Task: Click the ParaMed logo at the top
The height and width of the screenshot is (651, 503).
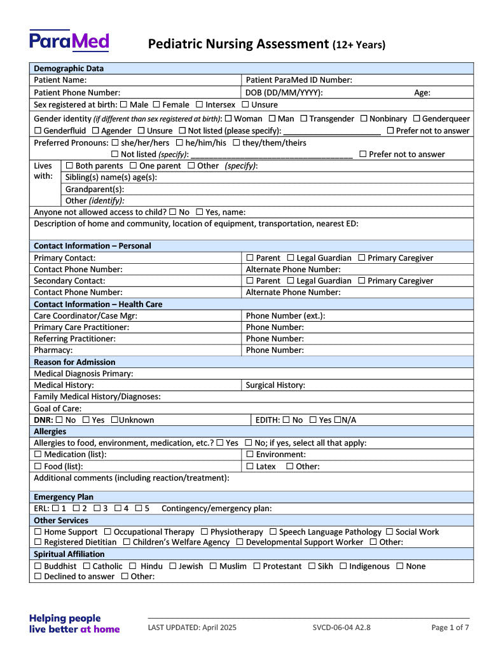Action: pos(69,41)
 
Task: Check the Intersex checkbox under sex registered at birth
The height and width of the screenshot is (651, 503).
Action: pos(200,104)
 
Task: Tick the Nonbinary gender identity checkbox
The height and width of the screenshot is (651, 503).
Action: pos(364,119)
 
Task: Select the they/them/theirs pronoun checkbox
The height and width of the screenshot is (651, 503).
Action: pos(236,143)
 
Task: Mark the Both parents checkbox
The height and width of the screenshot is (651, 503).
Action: pos(69,166)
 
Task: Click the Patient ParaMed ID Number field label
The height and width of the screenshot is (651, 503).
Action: pos(299,80)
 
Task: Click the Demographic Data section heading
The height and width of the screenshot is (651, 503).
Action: pos(69,68)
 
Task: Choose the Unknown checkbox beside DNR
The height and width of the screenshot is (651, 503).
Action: pos(114,420)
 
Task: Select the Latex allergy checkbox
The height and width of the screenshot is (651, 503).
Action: pos(250,467)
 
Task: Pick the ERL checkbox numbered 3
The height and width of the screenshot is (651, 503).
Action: pos(97,509)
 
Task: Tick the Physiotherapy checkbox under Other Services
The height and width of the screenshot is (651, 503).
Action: pos(205,532)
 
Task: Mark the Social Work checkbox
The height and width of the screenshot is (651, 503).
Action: pos(389,532)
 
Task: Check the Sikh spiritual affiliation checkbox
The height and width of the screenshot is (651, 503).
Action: pos(312,566)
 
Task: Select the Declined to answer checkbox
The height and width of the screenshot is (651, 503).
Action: pos(38,577)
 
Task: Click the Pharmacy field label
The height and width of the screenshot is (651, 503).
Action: pos(53,350)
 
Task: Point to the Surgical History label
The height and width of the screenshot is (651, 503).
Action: pos(275,385)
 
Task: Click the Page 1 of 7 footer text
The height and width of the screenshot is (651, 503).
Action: pos(450,627)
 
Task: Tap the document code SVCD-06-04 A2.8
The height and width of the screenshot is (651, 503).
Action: pos(341,627)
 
